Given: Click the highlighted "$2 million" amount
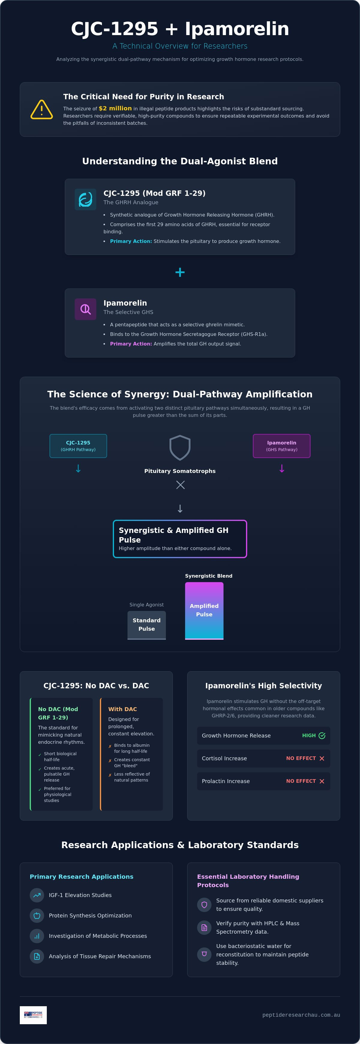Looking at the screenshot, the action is tap(115, 108).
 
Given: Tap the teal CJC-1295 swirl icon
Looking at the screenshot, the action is tap(85, 199).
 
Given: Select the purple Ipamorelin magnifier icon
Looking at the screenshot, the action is tap(85, 309).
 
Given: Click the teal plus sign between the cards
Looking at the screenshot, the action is tap(180, 272).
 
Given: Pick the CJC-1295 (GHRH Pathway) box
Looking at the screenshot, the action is tap(78, 446).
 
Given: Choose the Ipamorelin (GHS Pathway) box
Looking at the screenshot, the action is tap(282, 446).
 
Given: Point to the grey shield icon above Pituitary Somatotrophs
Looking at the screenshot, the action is tap(180, 447).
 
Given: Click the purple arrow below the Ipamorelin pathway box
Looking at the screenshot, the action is tap(282, 468).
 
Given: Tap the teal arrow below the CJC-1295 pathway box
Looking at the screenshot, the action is tap(78, 468).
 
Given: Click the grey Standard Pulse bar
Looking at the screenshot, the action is tap(147, 625).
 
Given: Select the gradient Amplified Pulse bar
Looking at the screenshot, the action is tap(204, 611).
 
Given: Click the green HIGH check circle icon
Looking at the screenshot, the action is tap(322, 736).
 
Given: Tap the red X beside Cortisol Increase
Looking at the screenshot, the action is tap(322, 758).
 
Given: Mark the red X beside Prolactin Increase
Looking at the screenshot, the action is tap(322, 781).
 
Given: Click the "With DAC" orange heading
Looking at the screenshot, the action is tap(122, 709).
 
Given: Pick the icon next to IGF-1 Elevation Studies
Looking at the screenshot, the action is tap(37, 895).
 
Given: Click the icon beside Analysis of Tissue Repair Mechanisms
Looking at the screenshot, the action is tap(37, 956).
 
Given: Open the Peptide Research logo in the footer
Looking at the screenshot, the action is tap(33, 1015).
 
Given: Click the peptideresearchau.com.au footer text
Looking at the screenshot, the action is tap(301, 1015).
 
